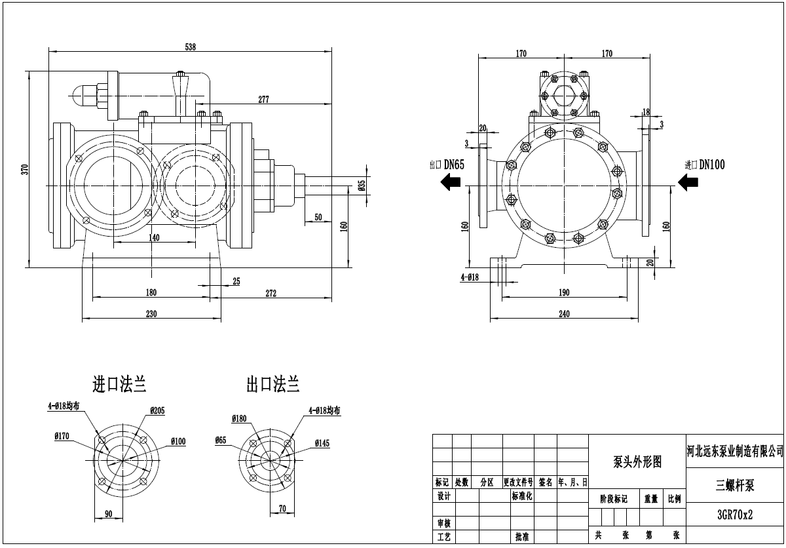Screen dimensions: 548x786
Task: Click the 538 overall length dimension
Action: point(191,47)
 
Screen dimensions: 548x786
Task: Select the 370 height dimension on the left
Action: point(25,169)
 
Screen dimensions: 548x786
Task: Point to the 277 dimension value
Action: point(264,100)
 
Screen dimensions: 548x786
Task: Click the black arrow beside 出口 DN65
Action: point(451,184)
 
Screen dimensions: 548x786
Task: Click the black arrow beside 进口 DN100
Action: point(688,182)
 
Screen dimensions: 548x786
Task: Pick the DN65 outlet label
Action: point(454,165)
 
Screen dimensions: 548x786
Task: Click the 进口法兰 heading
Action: point(119,385)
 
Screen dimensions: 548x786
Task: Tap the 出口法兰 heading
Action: point(272,385)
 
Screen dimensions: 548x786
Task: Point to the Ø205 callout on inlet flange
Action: point(157,411)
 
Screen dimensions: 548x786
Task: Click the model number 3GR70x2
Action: point(735,515)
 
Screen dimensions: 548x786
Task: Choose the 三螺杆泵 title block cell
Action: point(735,485)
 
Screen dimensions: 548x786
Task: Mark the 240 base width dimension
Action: point(564,314)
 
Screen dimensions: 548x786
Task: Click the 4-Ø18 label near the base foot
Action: point(470,277)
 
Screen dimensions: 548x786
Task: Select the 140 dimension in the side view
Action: point(154,238)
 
